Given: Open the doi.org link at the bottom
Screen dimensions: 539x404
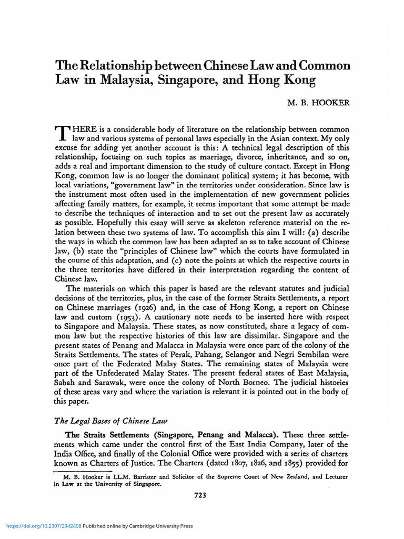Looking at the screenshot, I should coord(43,526).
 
